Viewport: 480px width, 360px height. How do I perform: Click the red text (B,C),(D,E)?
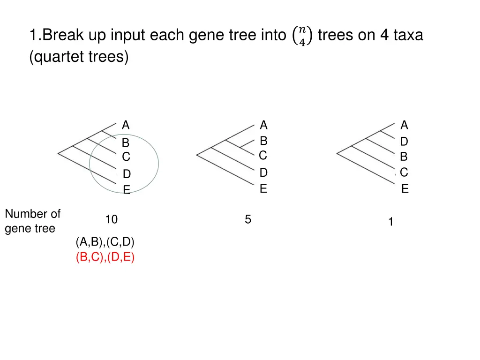[x=105, y=257]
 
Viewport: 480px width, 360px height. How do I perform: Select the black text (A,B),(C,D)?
[x=105, y=242]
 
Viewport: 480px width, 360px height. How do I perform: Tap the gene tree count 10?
[x=111, y=219]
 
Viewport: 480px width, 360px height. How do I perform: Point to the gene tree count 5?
[x=248, y=219]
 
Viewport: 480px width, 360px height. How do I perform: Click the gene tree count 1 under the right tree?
[x=390, y=223]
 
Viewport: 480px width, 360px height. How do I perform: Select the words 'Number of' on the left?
[x=33, y=214]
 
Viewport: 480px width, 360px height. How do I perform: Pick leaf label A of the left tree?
[x=126, y=125]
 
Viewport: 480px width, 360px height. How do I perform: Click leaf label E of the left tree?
[x=127, y=190]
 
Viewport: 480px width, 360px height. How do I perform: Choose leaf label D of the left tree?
[x=127, y=174]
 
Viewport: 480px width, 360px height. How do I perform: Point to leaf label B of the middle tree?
[x=263, y=141]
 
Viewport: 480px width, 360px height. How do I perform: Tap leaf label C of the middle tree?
[x=263, y=155]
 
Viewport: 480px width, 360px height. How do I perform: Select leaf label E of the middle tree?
[x=263, y=188]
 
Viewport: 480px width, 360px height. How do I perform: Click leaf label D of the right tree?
[x=404, y=142]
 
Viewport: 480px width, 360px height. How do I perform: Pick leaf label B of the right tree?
[x=404, y=157]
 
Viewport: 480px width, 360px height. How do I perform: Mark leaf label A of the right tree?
[x=405, y=125]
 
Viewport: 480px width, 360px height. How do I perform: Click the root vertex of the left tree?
[x=58, y=153]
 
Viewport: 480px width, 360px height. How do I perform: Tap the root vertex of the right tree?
[x=337, y=153]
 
